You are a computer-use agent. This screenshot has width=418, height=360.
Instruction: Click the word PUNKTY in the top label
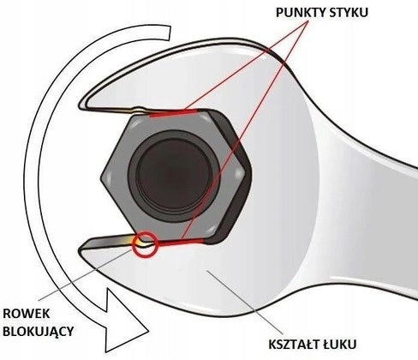click(x=300, y=13)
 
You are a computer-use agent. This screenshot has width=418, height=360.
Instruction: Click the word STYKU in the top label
click(x=348, y=13)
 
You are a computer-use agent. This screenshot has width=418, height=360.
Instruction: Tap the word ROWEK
click(x=26, y=314)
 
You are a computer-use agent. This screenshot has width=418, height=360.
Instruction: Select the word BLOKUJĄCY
click(x=38, y=332)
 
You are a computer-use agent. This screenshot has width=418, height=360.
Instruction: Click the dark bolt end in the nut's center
click(x=174, y=175)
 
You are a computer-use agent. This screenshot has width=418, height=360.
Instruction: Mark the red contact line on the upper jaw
click(x=173, y=113)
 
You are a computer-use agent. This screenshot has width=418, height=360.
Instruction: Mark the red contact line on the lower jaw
click(x=182, y=243)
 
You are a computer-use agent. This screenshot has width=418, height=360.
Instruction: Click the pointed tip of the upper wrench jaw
click(x=81, y=105)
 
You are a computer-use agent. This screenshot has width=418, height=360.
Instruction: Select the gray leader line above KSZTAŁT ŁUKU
click(x=245, y=302)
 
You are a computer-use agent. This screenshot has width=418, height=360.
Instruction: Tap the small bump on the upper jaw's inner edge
click(x=139, y=108)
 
